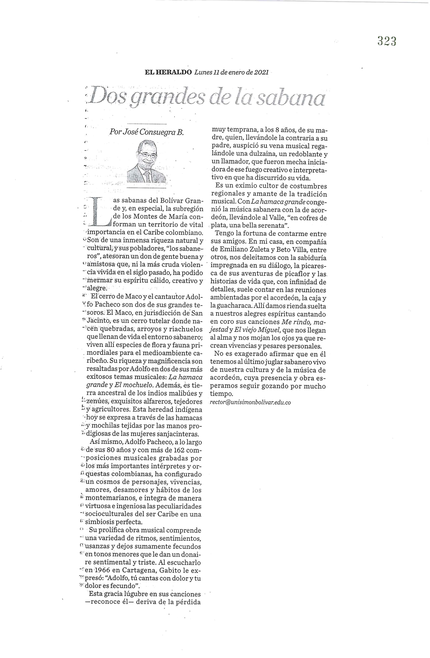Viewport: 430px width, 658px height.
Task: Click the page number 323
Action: coord(386,41)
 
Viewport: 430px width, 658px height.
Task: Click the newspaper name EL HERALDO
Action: coord(168,72)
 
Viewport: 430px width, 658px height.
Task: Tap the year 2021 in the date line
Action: coord(261,72)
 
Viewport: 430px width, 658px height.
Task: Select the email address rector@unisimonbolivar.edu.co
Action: coord(250,402)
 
